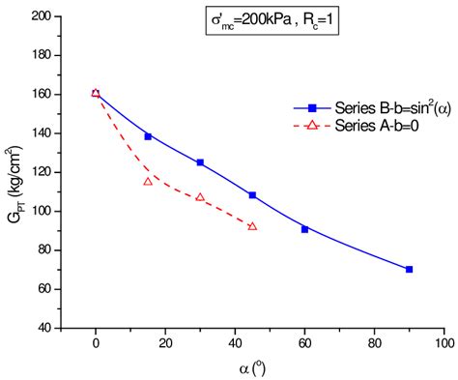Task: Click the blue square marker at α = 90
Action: [x=409, y=269]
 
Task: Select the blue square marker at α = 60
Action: [x=304, y=229]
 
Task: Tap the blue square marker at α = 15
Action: [x=148, y=136]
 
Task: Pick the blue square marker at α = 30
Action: [x=200, y=162]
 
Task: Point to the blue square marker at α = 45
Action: [x=252, y=195]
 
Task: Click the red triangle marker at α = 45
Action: [x=252, y=226]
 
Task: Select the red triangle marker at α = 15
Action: [x=148, y=181]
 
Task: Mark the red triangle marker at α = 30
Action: [x=200, y=197]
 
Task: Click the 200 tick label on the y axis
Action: [x=42, y=16]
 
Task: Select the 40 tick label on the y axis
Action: [x=44, y=328]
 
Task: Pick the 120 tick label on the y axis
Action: [x=42, y=172]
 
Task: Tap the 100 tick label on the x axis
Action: [x=444, y=343]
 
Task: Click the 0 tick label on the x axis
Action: [x=96, y=343]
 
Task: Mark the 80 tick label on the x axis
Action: [x=374, y=343]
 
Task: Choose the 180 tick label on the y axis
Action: [x=42, y=55]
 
